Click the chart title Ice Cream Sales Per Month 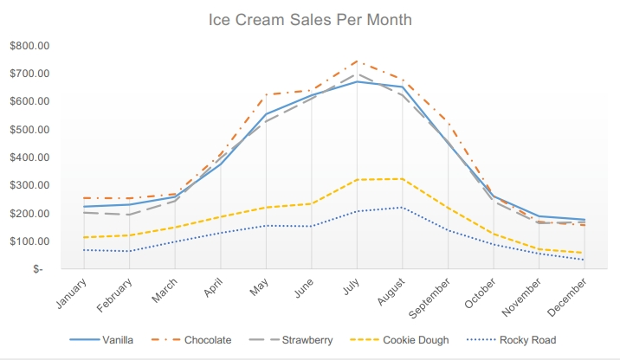tap(310, 19)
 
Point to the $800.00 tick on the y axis tap(29, 46)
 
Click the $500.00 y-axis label tap(29, 130)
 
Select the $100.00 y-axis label tap(29, 241)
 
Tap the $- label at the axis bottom tap(37, 269)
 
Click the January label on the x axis tap(71, 293)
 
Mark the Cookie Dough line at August tap(402, 179)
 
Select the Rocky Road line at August tap(402, 207)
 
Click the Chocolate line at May tap(266, 95)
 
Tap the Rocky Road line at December tap(584, 260)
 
